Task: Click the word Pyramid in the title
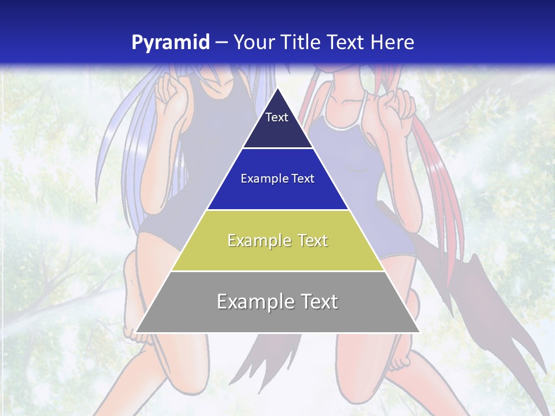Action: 171,42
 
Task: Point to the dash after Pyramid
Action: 221,43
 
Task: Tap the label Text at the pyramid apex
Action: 277,117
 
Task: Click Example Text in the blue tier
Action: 277,179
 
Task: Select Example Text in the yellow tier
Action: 277,240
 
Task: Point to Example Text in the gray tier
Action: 277,302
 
